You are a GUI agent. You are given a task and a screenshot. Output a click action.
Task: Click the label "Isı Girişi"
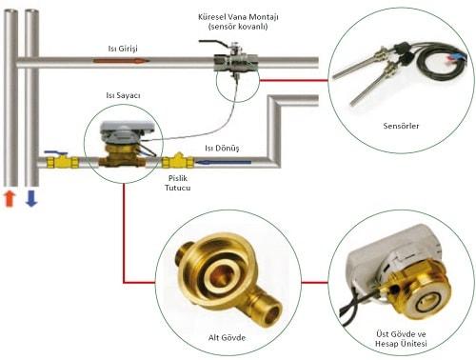[123, 49]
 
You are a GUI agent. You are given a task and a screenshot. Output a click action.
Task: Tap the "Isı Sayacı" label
[123, 95]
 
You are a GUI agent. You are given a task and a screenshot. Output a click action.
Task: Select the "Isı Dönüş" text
[222, 149]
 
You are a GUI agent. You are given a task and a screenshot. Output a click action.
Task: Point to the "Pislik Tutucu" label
[178, 183]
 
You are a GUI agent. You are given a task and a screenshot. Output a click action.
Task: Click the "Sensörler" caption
[401, 126]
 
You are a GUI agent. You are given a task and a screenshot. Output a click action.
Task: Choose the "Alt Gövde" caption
[227, 337]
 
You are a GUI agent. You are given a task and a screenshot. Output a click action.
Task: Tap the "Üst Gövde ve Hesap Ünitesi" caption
[401, 339]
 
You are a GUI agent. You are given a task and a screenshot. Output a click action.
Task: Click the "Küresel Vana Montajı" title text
[238, 17]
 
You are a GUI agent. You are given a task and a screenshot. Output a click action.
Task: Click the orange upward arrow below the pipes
[10, 199]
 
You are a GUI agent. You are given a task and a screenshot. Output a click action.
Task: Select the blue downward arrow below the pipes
[31, 199]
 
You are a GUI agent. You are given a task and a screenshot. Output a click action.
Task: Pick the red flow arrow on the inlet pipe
[121, 61]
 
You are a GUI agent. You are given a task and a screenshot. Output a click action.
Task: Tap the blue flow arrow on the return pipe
[223, 163]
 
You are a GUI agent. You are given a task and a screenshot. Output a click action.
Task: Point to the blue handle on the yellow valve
[56, 153]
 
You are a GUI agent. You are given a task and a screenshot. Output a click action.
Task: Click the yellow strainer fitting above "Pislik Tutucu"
[178, 161]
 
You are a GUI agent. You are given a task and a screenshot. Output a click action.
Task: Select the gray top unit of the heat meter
[127, 131]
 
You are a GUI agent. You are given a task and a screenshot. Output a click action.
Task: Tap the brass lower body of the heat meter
[122, 156]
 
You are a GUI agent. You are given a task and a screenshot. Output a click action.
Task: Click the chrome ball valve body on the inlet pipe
[236, 62]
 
